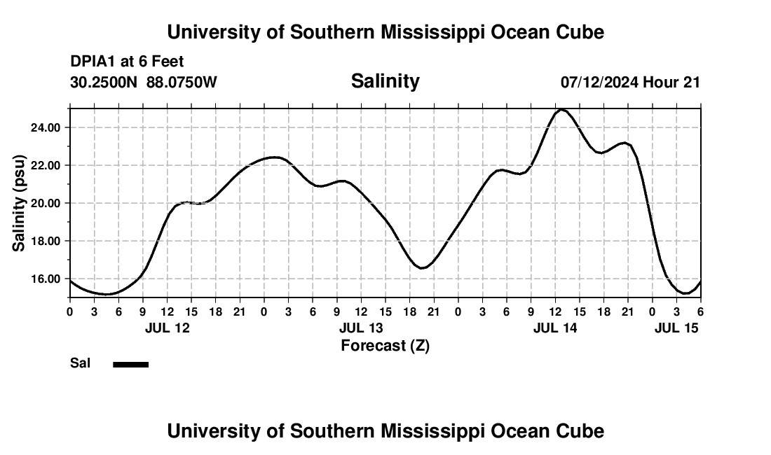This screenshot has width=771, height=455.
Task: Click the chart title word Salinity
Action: coord(385,81)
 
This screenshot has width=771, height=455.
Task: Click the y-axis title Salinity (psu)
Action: coord(19,202)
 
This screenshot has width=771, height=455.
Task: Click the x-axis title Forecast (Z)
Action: coord(385,345)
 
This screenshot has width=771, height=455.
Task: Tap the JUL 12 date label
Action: coord(168,328)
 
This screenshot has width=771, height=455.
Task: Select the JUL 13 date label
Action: coord(361,328)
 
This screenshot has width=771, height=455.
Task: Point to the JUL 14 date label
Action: coord(555,328)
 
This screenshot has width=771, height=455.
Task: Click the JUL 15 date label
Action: coord(676,328)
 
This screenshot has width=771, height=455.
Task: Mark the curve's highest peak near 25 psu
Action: coord(561,110)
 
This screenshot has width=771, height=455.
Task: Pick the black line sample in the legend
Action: coord(131,364)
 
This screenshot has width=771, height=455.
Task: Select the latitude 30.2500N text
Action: coord(104,82)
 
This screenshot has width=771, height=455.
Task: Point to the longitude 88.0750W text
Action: coord(182,82)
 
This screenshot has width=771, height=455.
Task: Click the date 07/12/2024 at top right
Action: coord(599,82)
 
